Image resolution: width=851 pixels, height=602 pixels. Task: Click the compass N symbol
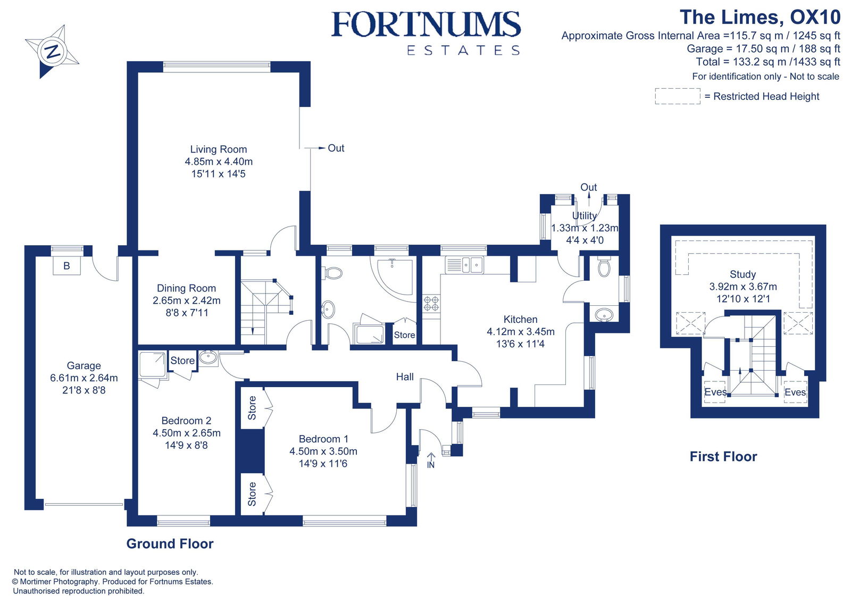(x=52, y=52)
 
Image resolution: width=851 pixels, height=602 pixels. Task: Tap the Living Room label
(x=219, y=149)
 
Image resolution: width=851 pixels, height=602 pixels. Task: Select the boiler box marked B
(x=66, y=265)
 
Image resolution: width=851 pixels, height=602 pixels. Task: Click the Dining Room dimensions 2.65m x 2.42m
(x=186, y=300)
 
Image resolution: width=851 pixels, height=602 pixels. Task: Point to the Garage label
(x=84, y=365)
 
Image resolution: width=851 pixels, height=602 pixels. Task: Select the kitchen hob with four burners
(x=431, y=304)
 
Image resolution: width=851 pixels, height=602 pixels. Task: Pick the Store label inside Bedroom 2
(x=182, y=361)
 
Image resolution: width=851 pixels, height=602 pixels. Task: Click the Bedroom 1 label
(x=323, y=439)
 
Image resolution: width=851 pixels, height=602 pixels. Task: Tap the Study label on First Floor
(x=742, y=274)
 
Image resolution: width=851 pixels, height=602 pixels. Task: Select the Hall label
(x=405, y=377)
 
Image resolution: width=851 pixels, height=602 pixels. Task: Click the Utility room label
(x=584, y=215)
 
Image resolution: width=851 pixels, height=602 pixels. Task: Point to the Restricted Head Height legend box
(x=677, y=96)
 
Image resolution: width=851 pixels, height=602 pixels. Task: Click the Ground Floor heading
(x=170, y=544)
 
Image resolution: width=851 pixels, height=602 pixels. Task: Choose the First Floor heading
(x=723, y=456)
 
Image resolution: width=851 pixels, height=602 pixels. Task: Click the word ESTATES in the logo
(x=463, y=51)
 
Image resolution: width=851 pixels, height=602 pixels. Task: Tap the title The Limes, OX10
(x=760, y=17)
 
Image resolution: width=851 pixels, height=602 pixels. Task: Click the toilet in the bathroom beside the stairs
(x=333, y=273)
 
